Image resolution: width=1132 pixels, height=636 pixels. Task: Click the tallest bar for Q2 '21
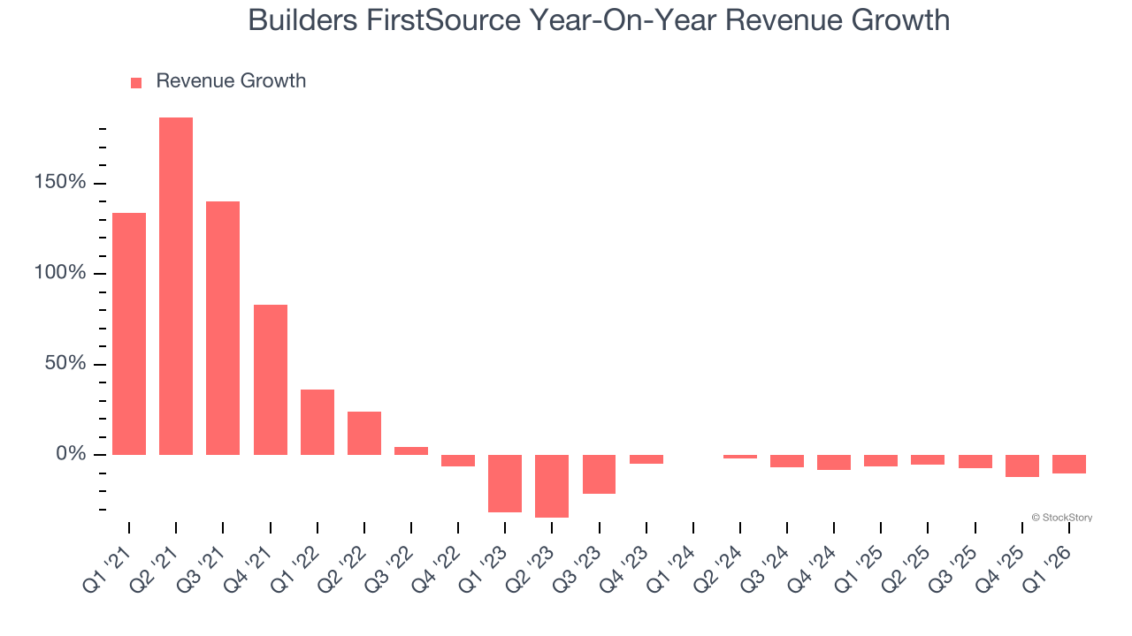click(x=176, y=286)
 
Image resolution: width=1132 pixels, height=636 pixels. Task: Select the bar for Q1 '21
click(x=129, y=334)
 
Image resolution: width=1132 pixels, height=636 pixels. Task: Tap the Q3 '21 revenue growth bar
click(x=223, y=328)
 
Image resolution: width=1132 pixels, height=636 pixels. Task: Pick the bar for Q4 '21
click(x=271, y=380)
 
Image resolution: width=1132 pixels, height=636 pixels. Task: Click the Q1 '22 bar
click(x=317, y=422)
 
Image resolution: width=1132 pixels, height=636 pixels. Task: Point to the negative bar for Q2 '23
click(x=552, y=486)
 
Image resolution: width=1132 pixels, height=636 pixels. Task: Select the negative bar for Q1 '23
click(x=505, y=483)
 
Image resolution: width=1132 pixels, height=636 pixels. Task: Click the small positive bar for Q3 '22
click(x=411, y=450)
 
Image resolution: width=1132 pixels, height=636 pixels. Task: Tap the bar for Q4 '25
click(x=1022, y=466)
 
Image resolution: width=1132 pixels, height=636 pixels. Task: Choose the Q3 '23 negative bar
click(x=600, y=474)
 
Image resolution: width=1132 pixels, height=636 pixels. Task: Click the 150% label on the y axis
click(x=60, y=183)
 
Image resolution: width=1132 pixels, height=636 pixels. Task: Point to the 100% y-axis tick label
click(x=60, y=273)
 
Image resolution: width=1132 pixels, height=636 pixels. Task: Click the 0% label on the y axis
click(x=71, y=454)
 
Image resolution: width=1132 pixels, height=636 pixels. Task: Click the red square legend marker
click(x=136, y=82)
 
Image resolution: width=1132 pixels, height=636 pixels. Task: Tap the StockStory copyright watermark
click(x=1061, y=518)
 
